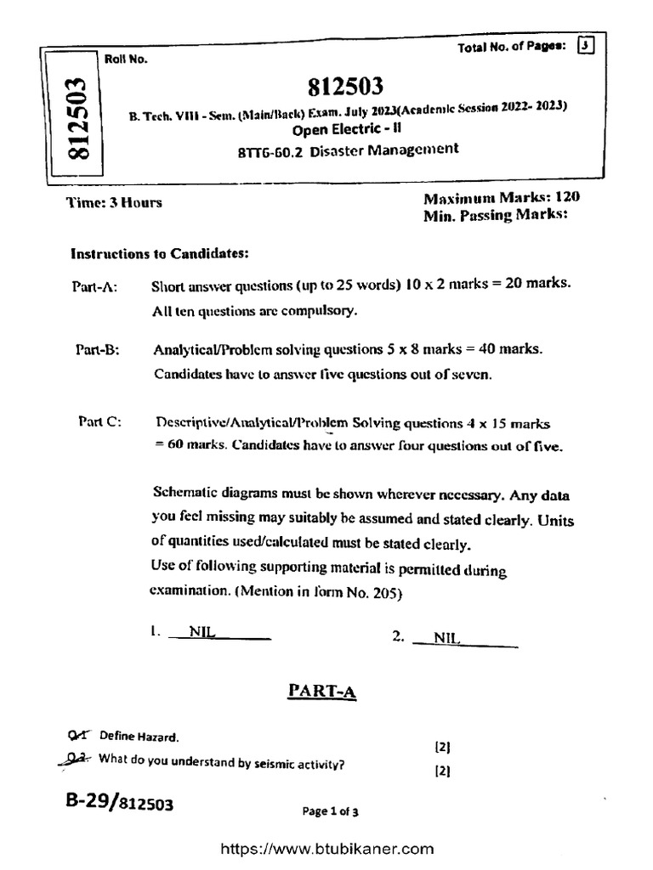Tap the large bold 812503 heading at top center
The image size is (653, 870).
(x=346, y=87)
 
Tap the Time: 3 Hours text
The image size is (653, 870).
(x=114, y=202)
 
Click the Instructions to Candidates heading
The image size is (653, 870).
(x=159, y=253)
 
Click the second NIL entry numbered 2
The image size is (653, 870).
(x=446, y=637)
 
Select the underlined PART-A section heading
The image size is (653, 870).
(x=322, y=693)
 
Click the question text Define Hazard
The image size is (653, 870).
(x=139, y=736)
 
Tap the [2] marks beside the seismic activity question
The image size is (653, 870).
(x=442, y=772)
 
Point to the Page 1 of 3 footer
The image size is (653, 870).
(x=331, y=811)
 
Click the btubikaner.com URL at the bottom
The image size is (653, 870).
(x=327, y=849)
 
